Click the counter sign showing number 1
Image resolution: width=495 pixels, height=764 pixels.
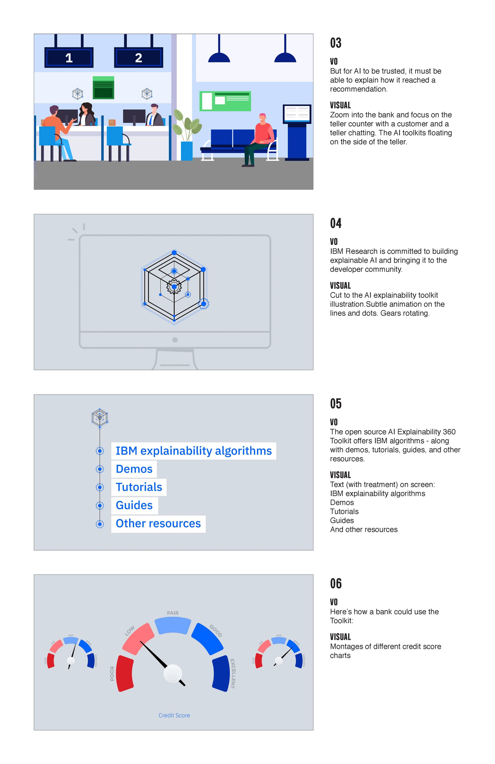coord(69,58)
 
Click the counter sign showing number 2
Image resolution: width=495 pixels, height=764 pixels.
coord(139,58)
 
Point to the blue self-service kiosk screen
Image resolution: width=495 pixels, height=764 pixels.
coord(297,114)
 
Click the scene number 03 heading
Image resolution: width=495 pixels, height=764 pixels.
coord(336,43)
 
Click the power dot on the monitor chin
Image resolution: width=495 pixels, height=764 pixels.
coord(175,340)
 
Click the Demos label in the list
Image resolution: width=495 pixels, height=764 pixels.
coord(134,469)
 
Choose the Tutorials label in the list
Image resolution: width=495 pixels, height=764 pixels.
coord(139,487)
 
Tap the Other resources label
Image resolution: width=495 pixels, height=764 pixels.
coord(158,524)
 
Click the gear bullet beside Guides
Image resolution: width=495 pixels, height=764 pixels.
coord(100,506)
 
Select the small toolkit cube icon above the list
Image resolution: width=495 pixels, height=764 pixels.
coord(100,417)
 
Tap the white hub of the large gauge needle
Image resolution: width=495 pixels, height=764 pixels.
coord(173,673)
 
